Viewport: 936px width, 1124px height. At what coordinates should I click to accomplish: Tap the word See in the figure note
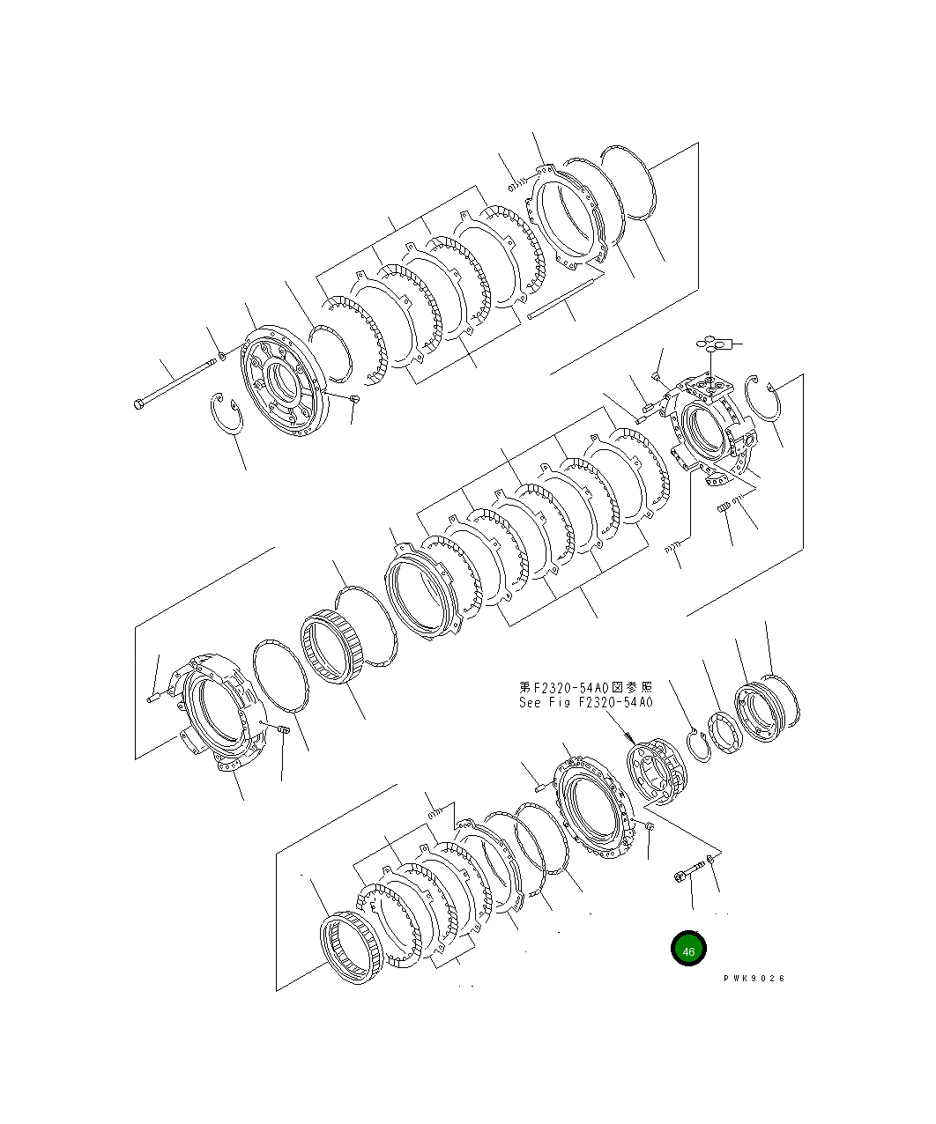click(x=530, y=703)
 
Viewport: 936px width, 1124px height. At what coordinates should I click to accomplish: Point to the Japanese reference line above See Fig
click(x=586, y=687)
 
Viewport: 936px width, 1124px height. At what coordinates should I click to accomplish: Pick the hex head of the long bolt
click(x=138, y=403)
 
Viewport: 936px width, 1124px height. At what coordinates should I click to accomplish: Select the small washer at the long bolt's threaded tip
click(x=222, y=356)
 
